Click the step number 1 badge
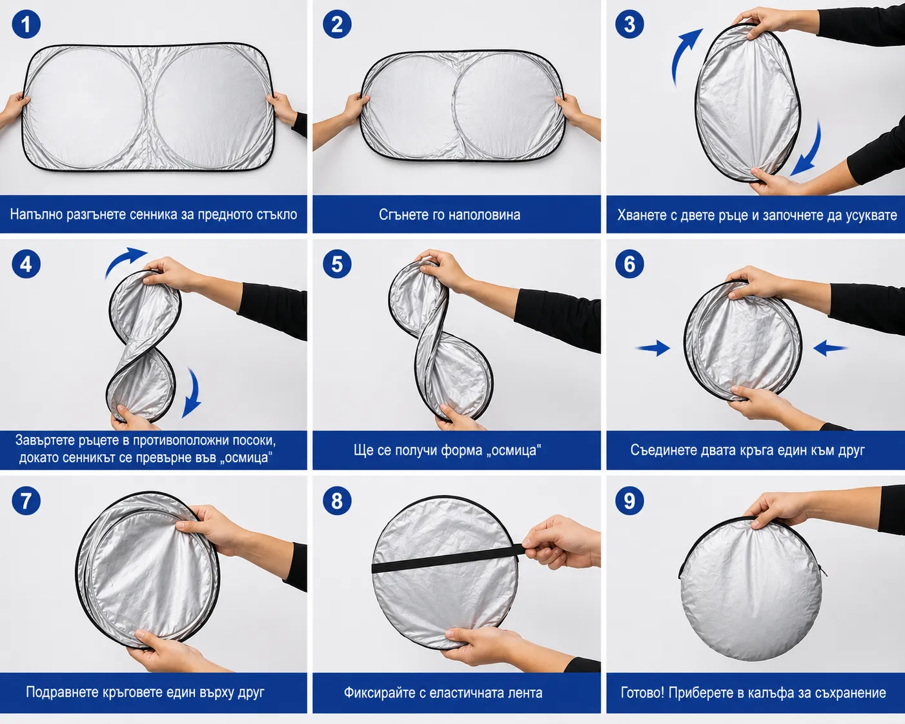click(x=26, y=25)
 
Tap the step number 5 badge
click(x=337, y=265)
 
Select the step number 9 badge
click(x=629, y=501)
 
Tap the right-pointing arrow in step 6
click(x=653, y=348)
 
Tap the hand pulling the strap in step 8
click(x=559, y=543)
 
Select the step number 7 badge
click(x=26, y=501)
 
